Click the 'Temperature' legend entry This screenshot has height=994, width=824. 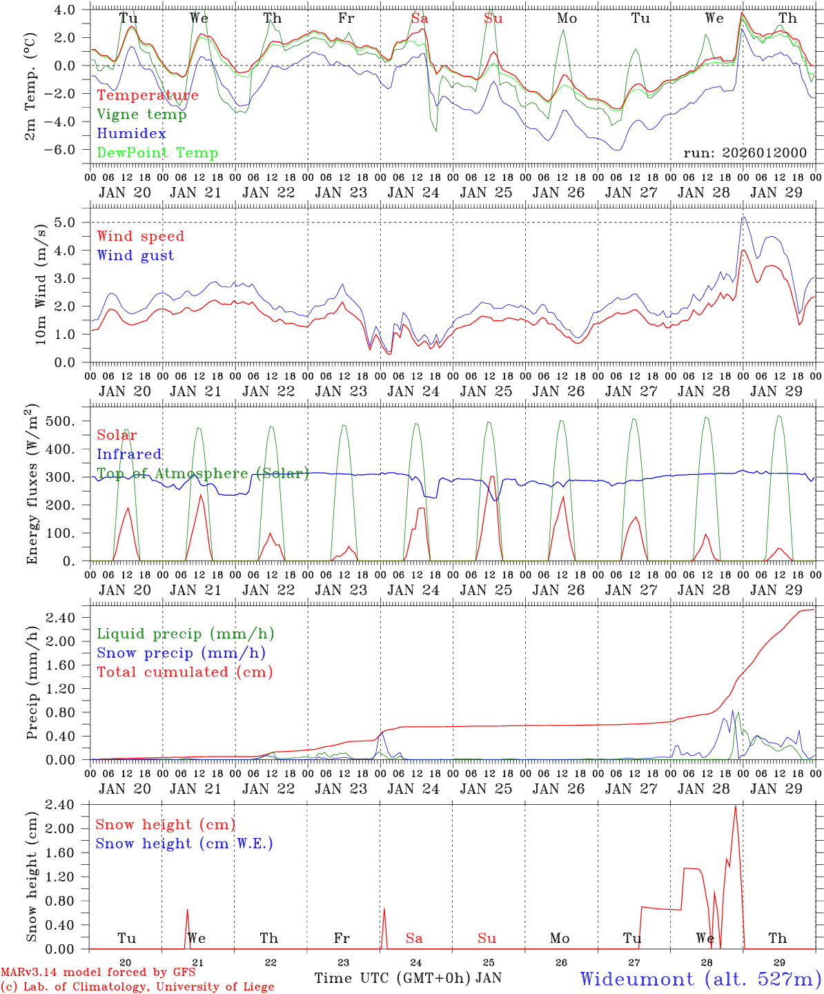[x=148, y=95]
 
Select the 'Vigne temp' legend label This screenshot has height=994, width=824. [x=141, y=115]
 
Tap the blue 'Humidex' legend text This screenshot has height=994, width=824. [x=131, y=134]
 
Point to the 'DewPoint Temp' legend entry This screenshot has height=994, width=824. [x=157, y=153]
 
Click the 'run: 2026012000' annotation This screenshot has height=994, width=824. [x=745, y=153]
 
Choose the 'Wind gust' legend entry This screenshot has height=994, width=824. [x=135, y=255]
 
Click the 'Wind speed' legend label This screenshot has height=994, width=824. [x=141, y=236]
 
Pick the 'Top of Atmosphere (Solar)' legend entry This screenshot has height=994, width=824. [x=203, y=474]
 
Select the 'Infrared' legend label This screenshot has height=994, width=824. [x=129, y=454]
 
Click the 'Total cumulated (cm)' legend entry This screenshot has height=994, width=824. [x=185, y=672]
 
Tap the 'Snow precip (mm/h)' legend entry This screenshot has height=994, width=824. [x=181, y=653]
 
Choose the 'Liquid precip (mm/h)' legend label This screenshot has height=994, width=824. [x=186, y=634]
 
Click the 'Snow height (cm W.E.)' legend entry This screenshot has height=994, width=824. [x=184, y=844]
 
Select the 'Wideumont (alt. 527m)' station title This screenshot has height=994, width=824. [x=700, y=979]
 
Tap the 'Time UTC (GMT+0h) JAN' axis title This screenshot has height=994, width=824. [x=408, y=978]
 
